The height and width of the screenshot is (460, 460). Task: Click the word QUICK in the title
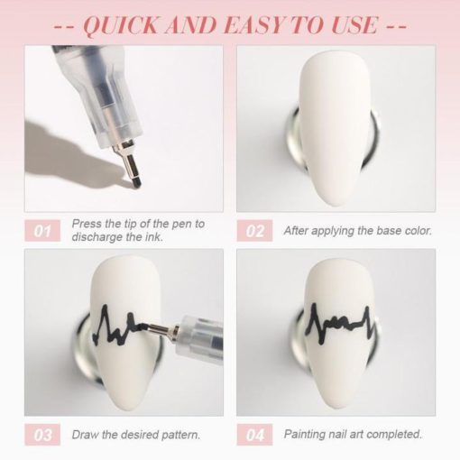pyautogui.click(x=120, y=24)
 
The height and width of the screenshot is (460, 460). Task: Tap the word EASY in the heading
pyautogui.click(x=255, y=24)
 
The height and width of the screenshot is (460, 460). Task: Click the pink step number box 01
pyautogui.click(x=42, y=231)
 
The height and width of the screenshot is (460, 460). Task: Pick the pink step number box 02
pyautogui.click(x=254, y=231)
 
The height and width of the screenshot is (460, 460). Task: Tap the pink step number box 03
pyautogui.click(x=42, y=435)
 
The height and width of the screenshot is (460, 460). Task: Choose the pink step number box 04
pyautogui.click(x=254, y=435)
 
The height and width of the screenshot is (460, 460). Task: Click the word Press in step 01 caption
pyautogui.click(x=87, y=224)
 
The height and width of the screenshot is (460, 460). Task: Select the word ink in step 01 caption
pyautogui.click(x=154, y=237)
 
